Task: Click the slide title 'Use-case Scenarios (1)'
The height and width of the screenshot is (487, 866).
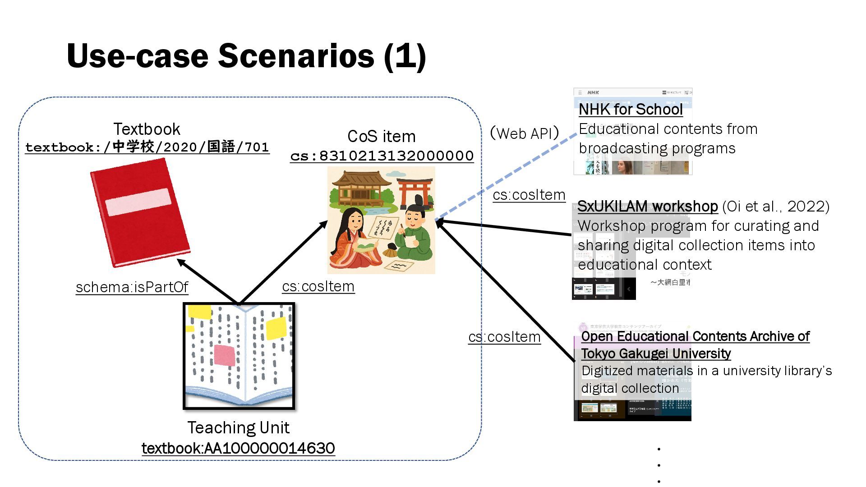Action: (246, 56)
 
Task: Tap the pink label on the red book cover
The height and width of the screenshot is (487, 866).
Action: (138, 202)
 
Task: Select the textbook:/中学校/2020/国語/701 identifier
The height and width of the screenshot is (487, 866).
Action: (147, 147)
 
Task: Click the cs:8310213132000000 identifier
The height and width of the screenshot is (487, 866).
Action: (382, 156)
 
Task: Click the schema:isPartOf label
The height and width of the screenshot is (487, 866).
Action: (132, 287)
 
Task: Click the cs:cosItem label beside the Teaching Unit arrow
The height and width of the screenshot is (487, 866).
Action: (318, 286)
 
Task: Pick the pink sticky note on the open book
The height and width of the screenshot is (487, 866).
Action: (224, 355)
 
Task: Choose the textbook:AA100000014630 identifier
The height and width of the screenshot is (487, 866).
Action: (238, 448)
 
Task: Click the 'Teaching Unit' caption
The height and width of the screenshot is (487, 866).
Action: (238, 427)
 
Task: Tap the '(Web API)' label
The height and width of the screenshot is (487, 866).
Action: (525, 133)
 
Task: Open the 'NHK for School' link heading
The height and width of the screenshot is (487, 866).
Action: (631, 110)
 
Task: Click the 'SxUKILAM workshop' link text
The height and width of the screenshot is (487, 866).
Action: (647, 207)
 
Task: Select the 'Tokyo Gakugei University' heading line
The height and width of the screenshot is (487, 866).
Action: (656, 354)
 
